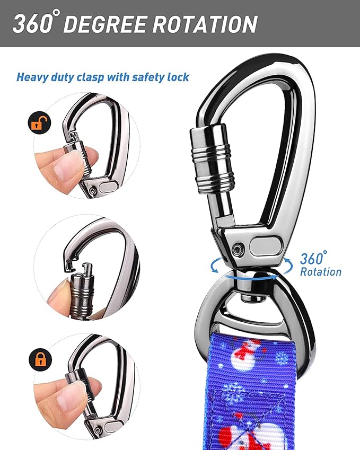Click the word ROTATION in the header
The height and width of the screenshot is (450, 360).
coord(202,24)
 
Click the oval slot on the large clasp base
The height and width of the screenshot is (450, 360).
coord(265,247)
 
